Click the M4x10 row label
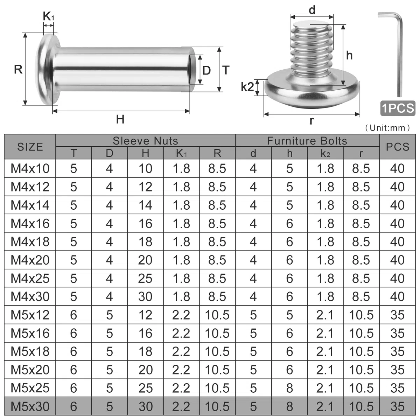30,168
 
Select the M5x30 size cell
30,406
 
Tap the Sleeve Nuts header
145,141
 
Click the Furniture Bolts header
307,141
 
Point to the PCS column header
397,147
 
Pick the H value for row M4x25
145,278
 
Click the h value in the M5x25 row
289,388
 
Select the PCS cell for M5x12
397,315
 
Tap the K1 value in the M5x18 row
181,351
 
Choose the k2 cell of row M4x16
325,223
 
